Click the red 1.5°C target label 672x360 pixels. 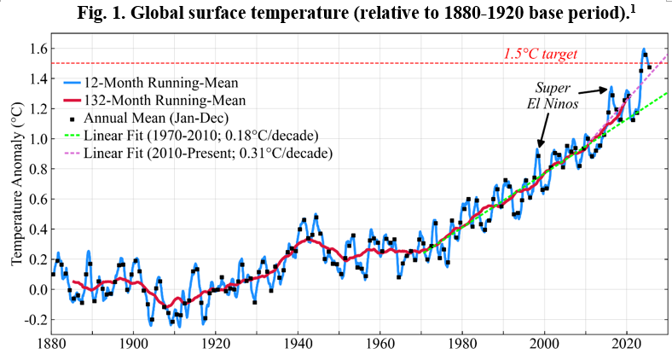point(541,54)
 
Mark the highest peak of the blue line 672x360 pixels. point(644,49)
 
